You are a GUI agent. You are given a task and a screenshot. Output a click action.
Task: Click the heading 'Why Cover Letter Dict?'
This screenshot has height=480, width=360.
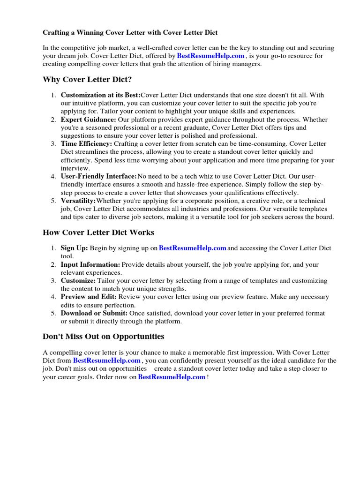click(90, 79)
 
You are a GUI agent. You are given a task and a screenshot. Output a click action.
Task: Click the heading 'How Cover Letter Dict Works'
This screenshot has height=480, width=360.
click(98, 232)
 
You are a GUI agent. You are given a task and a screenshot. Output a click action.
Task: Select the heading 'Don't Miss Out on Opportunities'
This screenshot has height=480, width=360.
click(104, 336)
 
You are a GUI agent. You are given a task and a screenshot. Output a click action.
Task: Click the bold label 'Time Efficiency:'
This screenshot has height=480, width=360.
click(86, 144)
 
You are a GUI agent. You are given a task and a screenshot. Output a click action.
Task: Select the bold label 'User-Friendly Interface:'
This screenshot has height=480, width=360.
click(98, 176)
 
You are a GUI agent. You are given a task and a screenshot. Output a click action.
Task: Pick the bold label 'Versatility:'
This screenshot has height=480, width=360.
click(78, 201)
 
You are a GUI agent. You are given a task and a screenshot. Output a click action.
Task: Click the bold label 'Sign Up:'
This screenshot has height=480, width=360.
click(74, 248)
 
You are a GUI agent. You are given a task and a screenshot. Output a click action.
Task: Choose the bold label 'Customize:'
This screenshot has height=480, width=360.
click(78, 281)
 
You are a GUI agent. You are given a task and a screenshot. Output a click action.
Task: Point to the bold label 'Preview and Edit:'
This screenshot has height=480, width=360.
click(89, 297)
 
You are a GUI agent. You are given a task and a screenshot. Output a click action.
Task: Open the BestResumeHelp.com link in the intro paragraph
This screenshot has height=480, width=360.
click(211, 56)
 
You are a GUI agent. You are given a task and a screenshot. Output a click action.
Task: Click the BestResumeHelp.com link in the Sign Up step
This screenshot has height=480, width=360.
click(193, 248)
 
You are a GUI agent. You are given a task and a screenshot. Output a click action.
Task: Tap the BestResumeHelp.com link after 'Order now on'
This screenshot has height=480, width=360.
click(172, 377)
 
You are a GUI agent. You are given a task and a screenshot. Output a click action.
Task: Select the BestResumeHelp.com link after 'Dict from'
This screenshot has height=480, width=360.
click(107, 360)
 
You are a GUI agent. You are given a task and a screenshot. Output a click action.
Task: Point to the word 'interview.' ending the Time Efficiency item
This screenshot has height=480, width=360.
click(75, 168)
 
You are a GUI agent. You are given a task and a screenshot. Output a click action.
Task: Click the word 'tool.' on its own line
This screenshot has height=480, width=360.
click(67, 256)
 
